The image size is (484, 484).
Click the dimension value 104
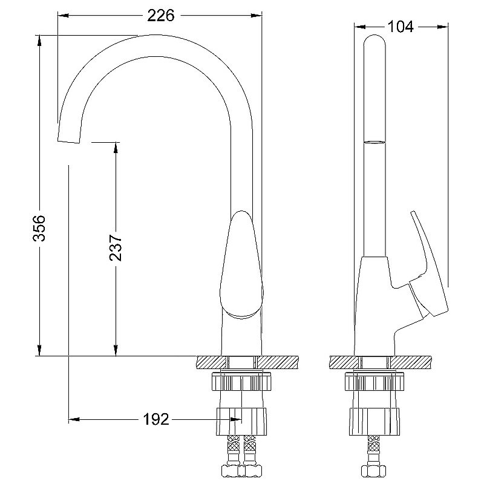coord(400,26)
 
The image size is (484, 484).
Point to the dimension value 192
coord(156,419)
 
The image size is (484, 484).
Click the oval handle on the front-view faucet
coord(242,265)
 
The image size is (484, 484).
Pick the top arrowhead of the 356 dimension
coord(39,41)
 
